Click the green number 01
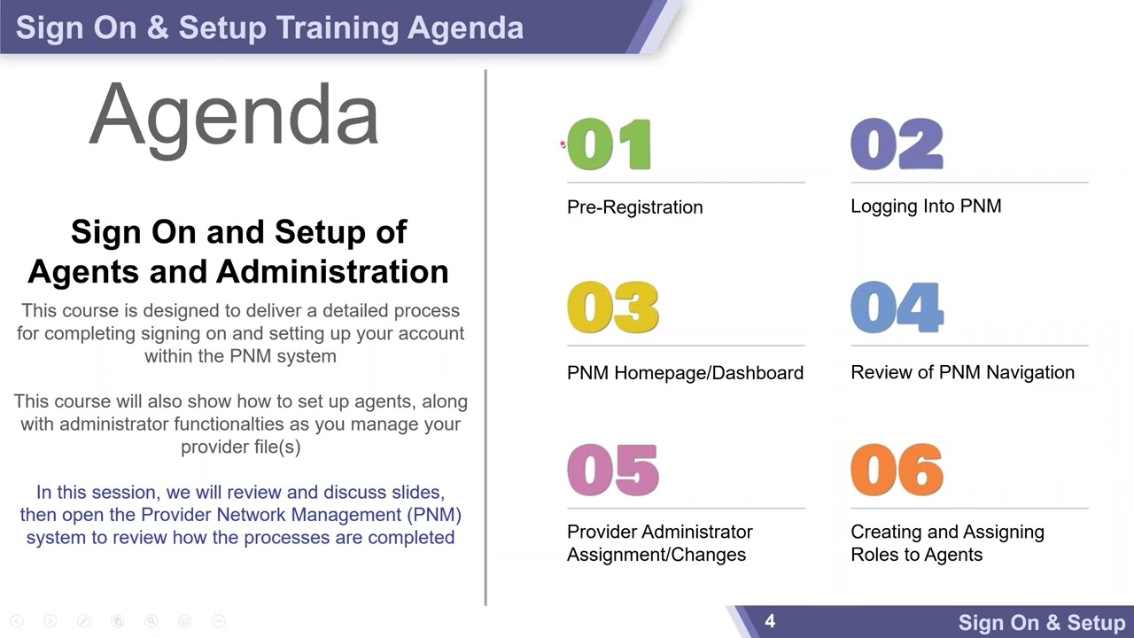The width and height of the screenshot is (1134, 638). [610, 144]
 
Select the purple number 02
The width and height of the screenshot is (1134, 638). [897, 144]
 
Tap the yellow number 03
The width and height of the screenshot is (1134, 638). [612, 307]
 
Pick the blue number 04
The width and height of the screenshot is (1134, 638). [897, 307]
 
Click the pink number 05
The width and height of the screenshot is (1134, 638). [612, 471]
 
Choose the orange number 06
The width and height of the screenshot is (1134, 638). [897, 471]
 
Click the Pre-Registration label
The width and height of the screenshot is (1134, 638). [634, 207]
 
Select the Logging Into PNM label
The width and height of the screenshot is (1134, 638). [926, 206]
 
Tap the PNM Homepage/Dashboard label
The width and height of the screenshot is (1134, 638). [685, 373]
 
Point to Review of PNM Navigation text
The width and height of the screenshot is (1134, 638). [962, 372]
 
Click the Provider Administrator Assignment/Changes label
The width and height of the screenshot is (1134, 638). [659, 543]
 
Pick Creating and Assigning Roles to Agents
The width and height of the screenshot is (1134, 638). [946, 543]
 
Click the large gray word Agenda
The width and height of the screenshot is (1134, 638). [234, 117]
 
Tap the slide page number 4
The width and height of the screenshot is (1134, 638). [770, 621]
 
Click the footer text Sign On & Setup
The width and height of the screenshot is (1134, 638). [1041, 623]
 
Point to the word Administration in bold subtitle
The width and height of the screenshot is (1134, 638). [332, 271]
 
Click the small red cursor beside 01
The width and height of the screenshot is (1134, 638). [563, 144]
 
